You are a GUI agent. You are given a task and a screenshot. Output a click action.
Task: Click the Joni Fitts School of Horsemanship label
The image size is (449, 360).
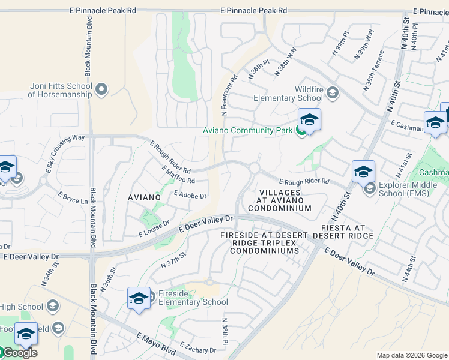60,90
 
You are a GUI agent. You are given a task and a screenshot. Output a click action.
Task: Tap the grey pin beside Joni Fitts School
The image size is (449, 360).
101,90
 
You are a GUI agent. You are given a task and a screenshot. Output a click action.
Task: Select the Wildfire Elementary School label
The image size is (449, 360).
288,94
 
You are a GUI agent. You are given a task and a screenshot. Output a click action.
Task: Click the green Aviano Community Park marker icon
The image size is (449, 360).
300,130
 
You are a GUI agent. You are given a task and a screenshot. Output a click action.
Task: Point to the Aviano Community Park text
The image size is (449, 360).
247,130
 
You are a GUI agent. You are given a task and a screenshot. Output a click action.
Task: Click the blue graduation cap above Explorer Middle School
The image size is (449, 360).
363,171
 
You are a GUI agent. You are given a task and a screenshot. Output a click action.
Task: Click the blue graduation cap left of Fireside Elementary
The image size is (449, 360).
139,298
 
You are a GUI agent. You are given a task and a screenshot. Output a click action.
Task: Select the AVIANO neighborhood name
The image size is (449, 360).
145,197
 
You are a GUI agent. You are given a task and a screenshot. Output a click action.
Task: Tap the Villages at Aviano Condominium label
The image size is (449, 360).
279,200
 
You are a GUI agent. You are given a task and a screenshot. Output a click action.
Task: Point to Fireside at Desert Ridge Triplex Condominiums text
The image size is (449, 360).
264,242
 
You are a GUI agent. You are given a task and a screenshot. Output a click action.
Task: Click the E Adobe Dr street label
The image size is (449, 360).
190,195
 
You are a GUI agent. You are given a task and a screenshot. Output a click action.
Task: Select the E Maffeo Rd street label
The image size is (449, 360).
178,175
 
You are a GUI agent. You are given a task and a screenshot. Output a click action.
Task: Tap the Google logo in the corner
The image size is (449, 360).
19,353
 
